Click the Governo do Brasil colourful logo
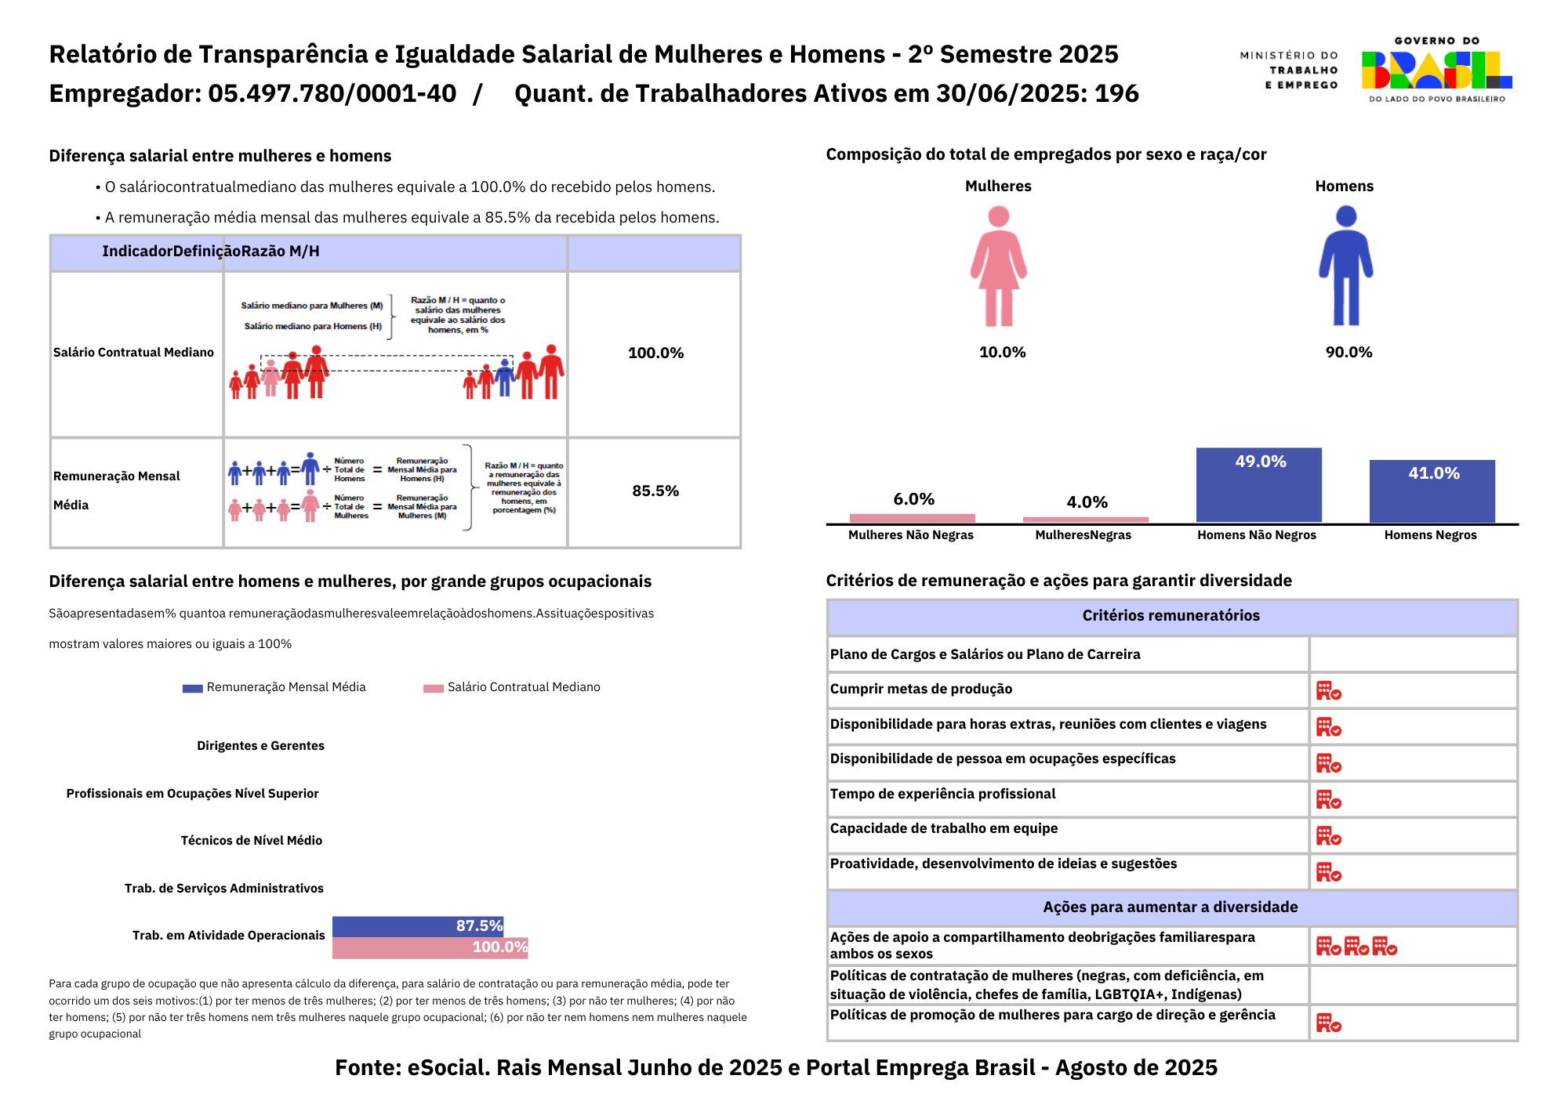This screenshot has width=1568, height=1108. point(1436,70)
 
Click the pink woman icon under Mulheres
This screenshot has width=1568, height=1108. point(998,266)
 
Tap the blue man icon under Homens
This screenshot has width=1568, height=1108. point(1345,266)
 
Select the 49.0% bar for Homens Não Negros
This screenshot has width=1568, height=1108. point(1258,485)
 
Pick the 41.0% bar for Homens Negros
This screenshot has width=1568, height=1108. point(1432,491)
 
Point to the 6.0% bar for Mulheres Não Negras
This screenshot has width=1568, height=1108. point(912,518)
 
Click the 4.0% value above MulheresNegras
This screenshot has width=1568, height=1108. point(1087,502)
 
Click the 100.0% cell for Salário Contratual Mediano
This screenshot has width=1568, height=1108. point(655,353)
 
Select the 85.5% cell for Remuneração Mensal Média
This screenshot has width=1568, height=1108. point(655,491)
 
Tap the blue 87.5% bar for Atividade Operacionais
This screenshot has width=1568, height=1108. point(418,926)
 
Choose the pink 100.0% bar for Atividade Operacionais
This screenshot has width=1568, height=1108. point(430,947)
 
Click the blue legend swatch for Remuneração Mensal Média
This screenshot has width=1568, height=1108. point(192,688)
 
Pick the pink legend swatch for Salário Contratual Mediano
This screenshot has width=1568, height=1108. point(434,688)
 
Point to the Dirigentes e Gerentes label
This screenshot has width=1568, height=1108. point(260,746)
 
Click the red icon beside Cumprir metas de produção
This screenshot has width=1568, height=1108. point(1328,690)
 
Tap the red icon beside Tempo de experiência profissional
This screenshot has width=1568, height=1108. point(1328,799)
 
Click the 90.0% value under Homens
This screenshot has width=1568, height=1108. point(1348,353)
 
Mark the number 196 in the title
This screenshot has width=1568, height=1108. point(1116,94)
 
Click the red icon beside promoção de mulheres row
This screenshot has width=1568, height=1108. point(1328,1023)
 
